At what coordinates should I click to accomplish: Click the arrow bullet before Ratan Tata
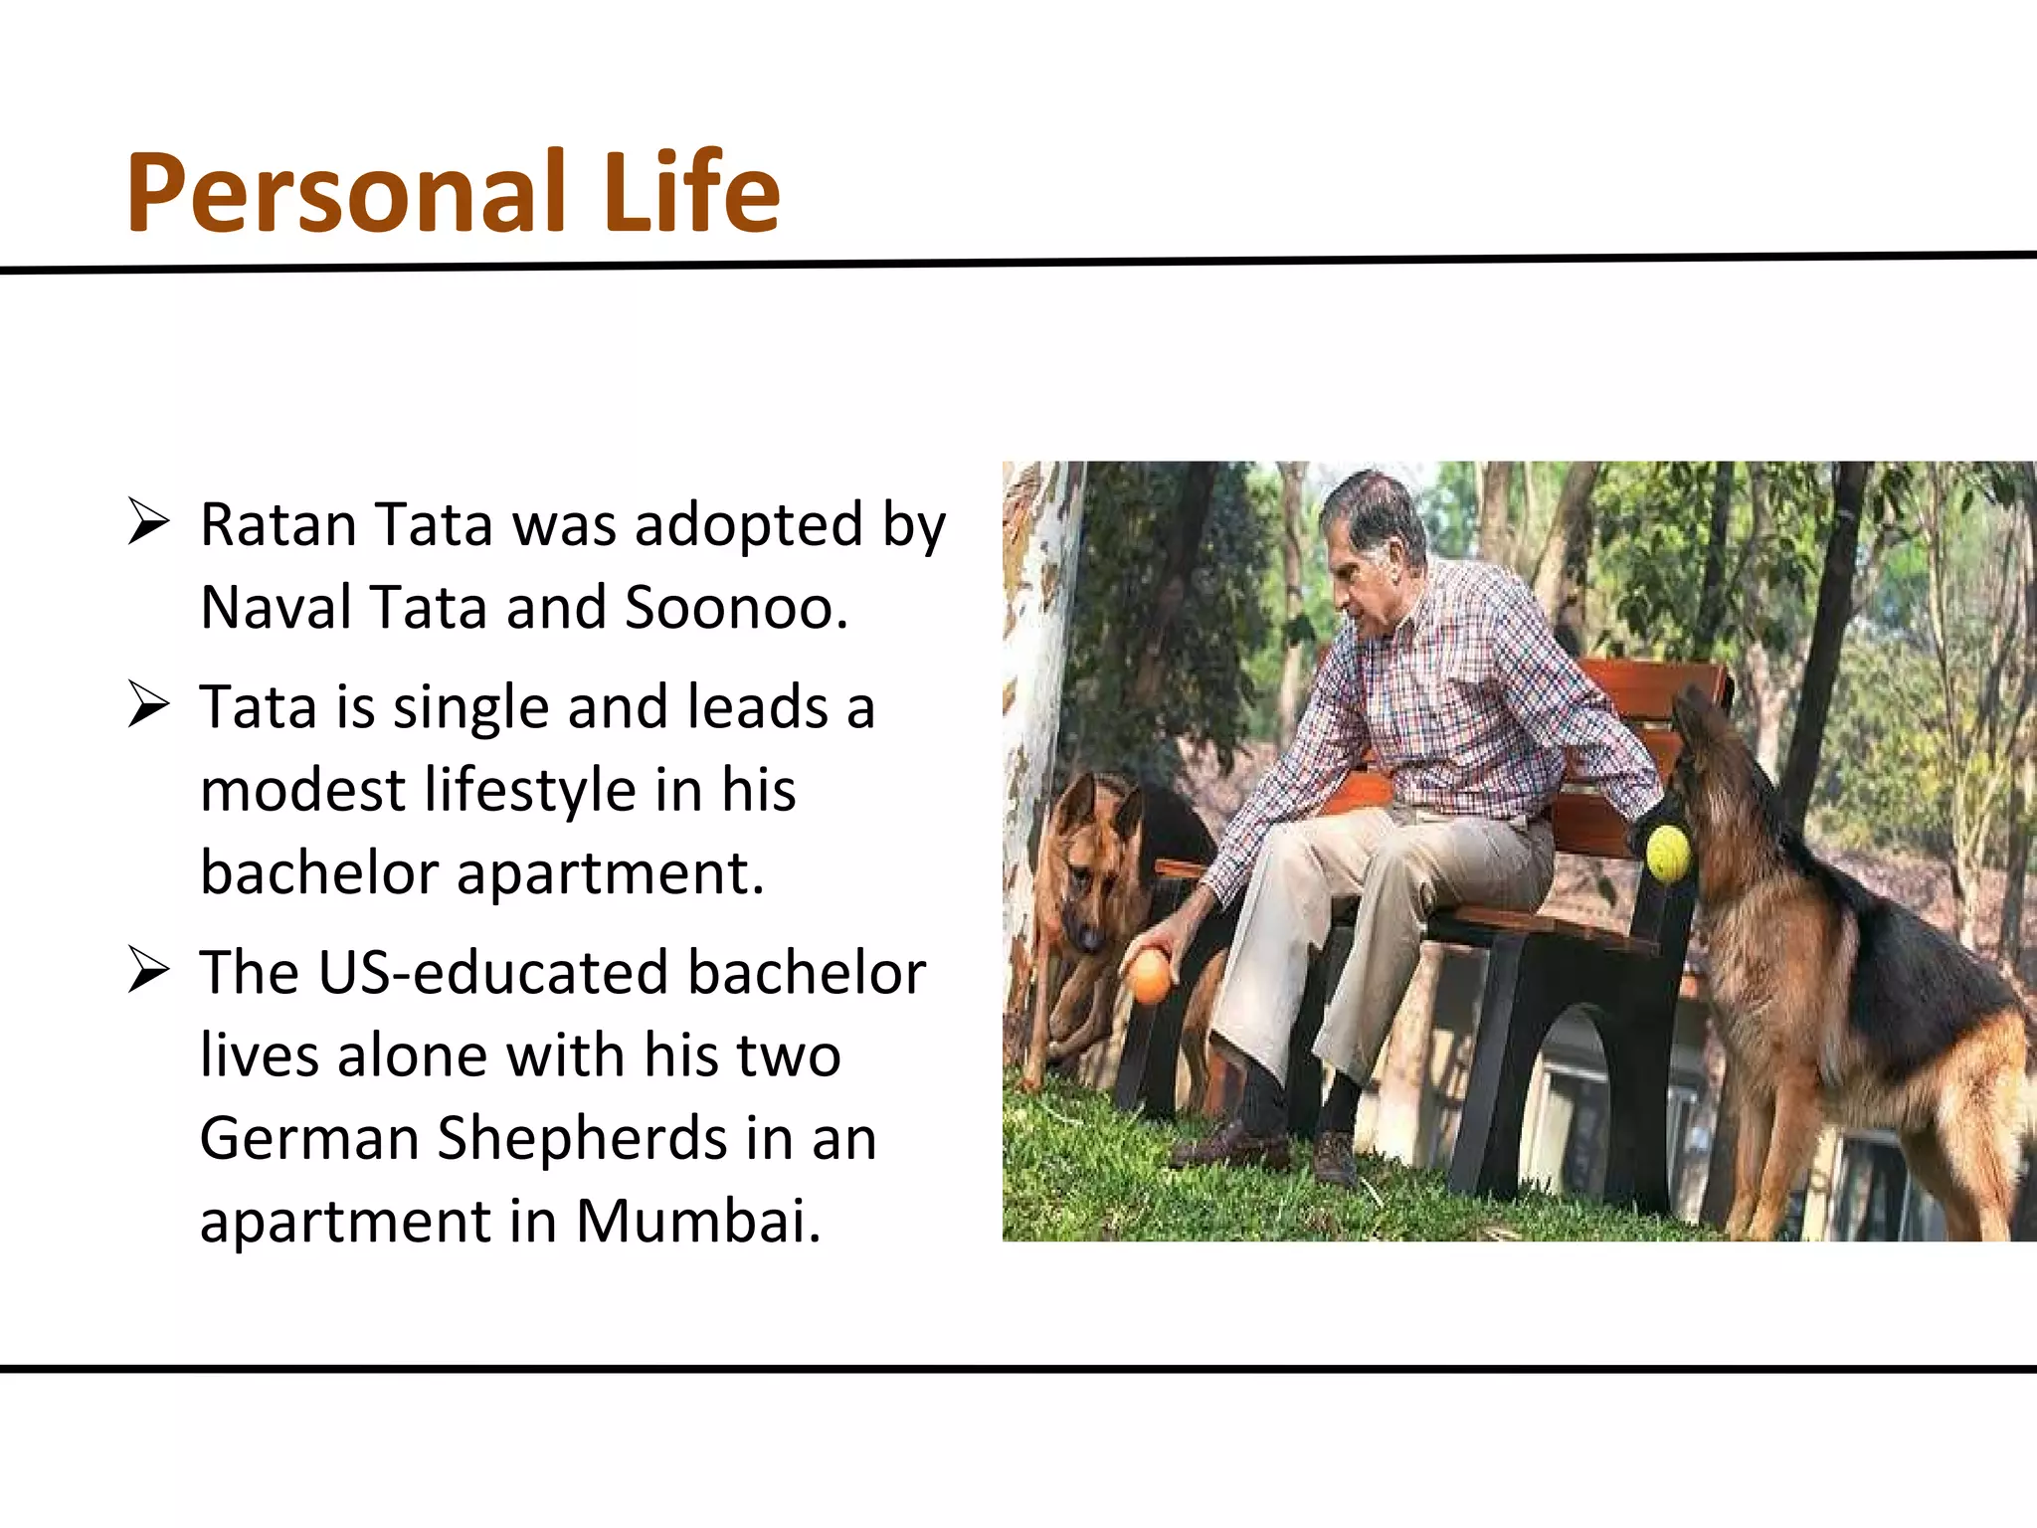click(x=148, y=523)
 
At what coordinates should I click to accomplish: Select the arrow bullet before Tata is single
click(x=148, y=705)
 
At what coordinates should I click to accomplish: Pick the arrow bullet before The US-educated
click(x=148, y=971)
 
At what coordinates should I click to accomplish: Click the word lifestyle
click(x=530, y=790)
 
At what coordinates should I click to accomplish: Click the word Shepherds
click(x=581, y=1138)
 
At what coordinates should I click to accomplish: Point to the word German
click(x=308, y=1138)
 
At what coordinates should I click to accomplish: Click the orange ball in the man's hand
click(x=1151, y=977)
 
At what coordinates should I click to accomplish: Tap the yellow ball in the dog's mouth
click(x=1668, y=853)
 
